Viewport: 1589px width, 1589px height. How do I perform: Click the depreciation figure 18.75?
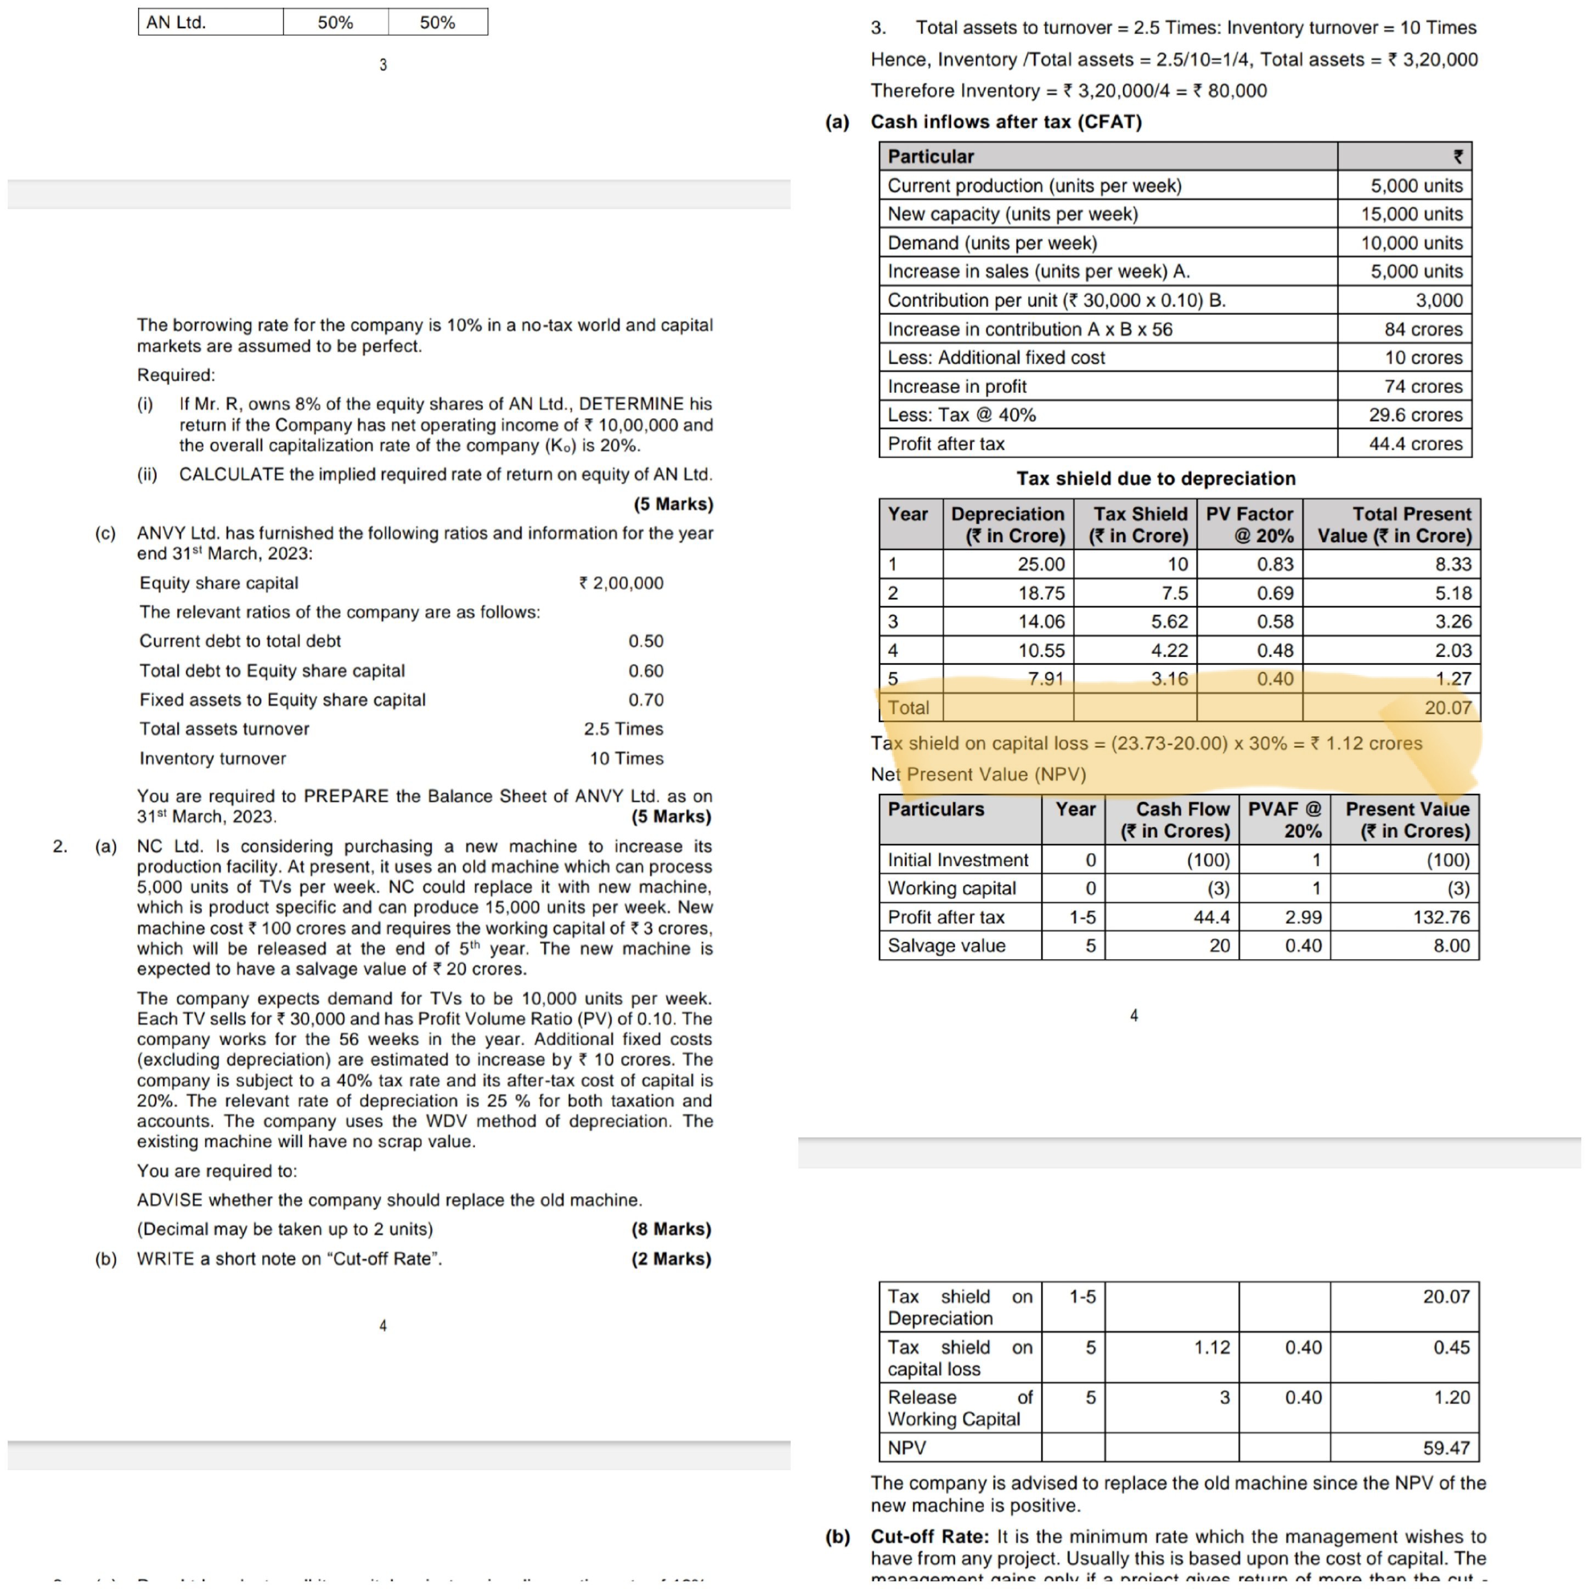pos(1041,593)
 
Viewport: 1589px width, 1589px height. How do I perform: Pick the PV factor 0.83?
pos(1275,564)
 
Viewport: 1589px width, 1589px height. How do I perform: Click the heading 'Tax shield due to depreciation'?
pos(1156,478)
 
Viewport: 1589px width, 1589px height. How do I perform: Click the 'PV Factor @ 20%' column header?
pos(1249,525)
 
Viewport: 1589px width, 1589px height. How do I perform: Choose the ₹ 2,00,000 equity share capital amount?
pos(621,583)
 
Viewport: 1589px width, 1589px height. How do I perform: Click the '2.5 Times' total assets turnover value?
pos(623,729)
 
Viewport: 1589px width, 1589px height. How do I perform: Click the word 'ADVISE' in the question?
pos(170,1200)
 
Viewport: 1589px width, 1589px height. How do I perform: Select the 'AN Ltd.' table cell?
pos(176,22)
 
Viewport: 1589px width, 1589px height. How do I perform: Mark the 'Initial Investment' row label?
pos(957,860)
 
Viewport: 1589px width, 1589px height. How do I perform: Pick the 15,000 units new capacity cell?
pos(1411,214)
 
